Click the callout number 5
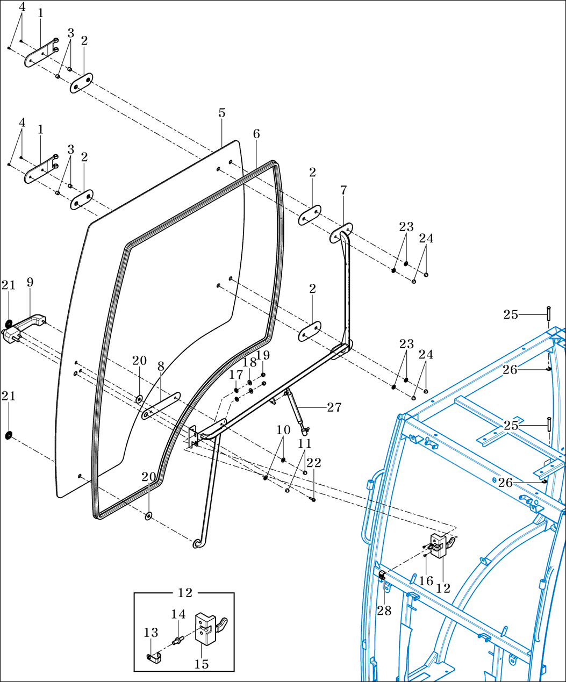click(222, 113)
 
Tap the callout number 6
click(256, 134)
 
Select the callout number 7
click(343, 190)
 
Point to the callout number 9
click(30, 282)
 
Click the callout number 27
click(334, 407)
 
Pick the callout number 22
click(314, 462)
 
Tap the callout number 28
click(384, 611)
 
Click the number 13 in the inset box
click(151, 633)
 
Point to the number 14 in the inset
click(178, 614)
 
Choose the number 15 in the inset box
click(202, 664)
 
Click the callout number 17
click(236, 374)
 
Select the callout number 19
click(263, 355)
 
